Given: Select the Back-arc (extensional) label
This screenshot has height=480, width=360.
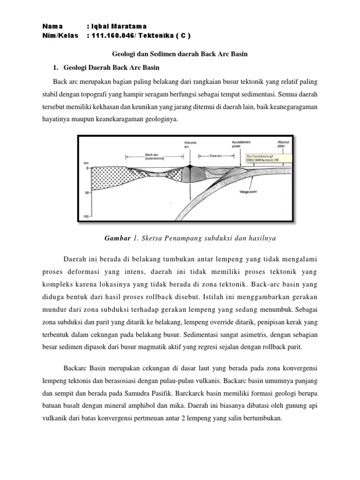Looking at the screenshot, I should click(x=151, y=156).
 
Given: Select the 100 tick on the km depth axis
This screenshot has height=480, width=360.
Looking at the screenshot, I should click(x=86, y=217).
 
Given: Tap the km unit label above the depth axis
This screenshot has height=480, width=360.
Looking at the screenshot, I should click(x=86, y=163).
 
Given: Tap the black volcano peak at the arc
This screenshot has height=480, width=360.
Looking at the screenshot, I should click(x=190, y=166).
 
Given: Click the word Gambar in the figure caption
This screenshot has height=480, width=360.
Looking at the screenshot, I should click(x=117, y=238).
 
